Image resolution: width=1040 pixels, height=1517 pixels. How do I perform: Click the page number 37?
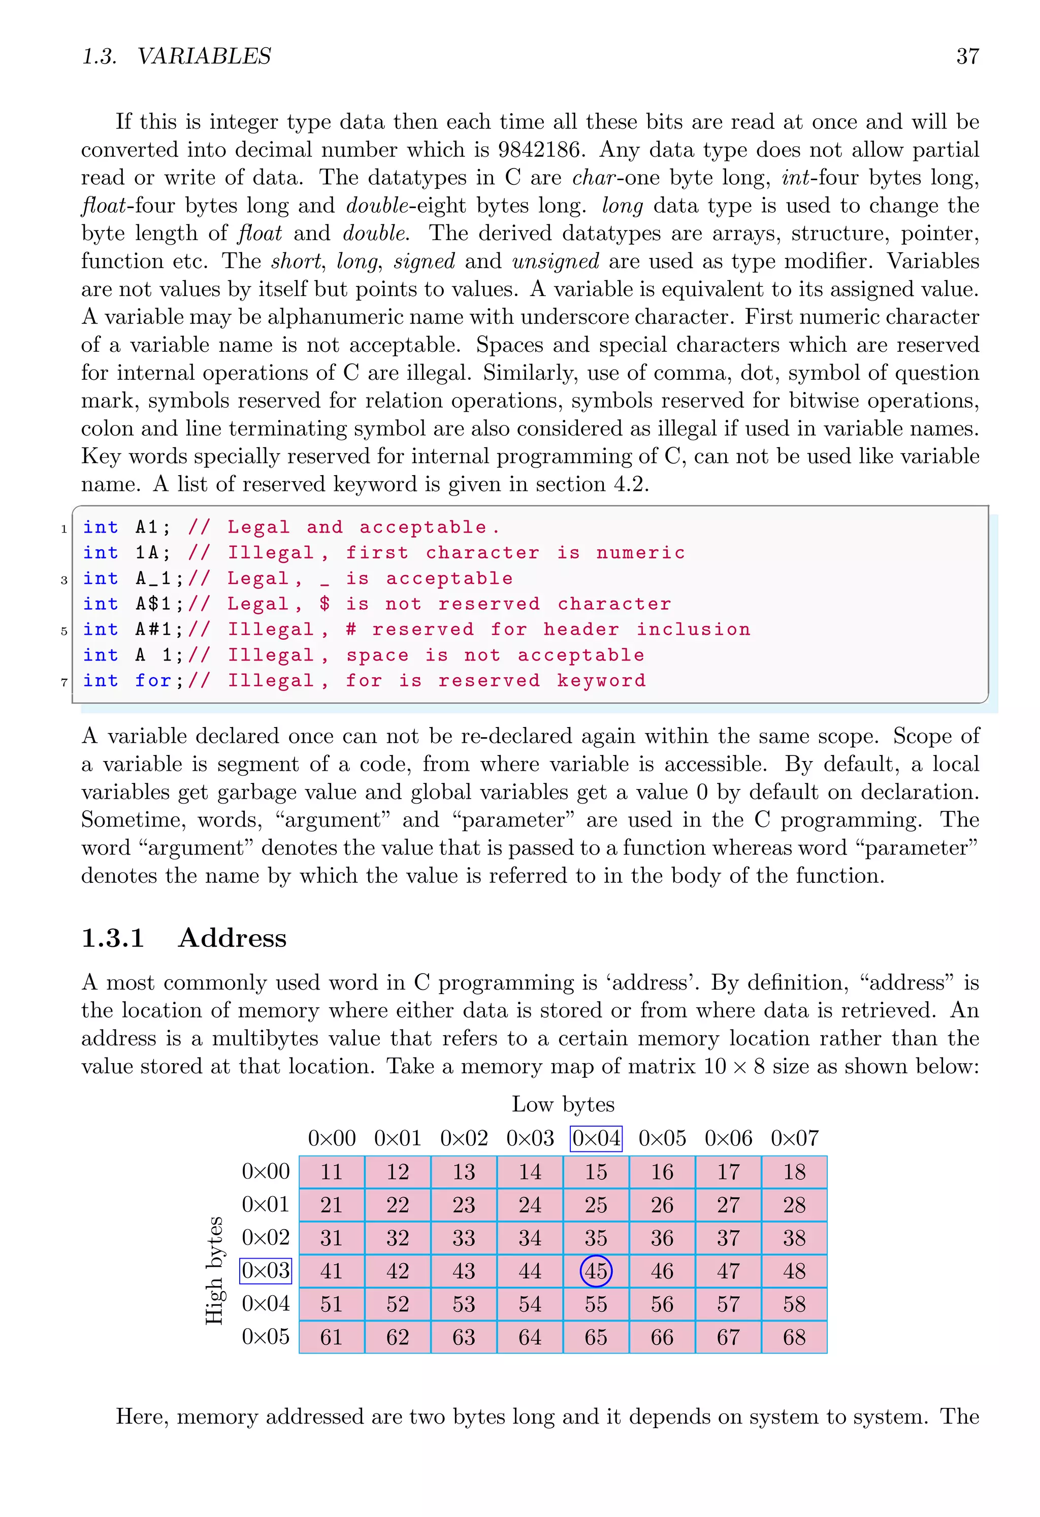click(967, 56)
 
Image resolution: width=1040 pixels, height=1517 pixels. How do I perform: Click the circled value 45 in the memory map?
click(595, 1270)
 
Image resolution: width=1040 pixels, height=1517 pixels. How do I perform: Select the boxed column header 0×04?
click(595, 1138)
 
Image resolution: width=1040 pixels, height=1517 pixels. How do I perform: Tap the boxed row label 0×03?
click(265, 1270)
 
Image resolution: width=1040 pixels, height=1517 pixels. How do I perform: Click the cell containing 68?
click(794, 1337)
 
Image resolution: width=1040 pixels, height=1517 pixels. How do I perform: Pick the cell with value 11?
click(331, 1171)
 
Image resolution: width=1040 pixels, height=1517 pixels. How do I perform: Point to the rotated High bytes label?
click(214, 1270)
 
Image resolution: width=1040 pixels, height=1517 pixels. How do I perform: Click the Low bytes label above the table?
click(563, 1104)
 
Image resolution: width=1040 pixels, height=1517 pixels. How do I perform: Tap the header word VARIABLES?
click(204, 56)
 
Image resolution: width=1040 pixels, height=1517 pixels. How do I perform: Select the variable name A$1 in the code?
click(154, 604)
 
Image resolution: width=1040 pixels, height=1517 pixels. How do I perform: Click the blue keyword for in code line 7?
click(153, 680)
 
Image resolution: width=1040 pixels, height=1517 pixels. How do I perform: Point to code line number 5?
click(64, 631)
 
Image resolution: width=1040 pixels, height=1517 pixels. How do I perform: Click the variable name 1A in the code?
click(148, 552)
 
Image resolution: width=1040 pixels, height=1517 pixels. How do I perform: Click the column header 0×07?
click(794, 1138)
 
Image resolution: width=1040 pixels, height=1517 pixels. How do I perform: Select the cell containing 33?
click(464, 1238)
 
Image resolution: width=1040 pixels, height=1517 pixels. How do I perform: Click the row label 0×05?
click(265, 1336)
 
